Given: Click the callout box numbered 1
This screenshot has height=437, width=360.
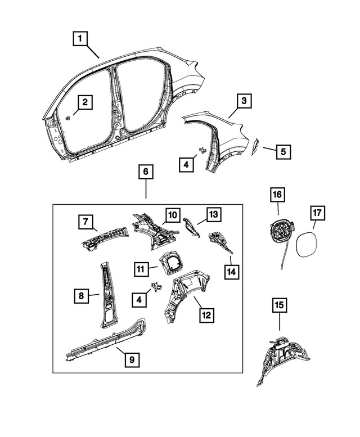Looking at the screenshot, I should pyautogui.click(x=80, y=39).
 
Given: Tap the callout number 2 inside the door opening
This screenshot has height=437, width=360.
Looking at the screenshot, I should pyautogui.click(x=85, y=102).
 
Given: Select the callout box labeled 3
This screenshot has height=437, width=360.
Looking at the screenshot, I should pyautogui.click(x=243, y=102).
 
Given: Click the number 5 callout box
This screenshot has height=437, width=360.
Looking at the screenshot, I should pyautogui.click(x=283, y=151).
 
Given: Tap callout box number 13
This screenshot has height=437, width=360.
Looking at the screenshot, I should pyautogui.click(x=213, y=214).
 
